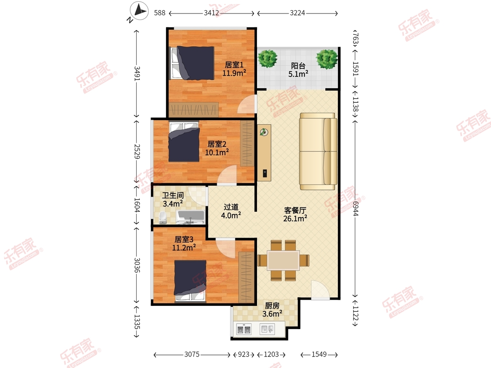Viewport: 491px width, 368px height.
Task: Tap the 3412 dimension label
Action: (212, 13)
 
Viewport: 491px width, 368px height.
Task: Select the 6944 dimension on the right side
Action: (356, 209)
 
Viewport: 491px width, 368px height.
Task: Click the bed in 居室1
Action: (191, 63)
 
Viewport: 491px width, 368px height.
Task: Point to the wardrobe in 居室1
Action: (194, 110)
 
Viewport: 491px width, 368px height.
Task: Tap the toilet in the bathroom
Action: (163, 218)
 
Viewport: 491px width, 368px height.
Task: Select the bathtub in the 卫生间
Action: (191, 217)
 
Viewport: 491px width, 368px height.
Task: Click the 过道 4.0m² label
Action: (231, 211)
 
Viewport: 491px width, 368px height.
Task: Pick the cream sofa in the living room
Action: (318, 151)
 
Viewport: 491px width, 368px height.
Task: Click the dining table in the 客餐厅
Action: (284, 260)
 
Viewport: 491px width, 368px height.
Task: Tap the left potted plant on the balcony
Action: (267, 58)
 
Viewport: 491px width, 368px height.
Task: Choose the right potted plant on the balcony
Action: (327, 59)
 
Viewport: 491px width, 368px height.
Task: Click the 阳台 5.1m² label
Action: (298, 70)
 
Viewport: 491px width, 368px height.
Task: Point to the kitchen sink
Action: (267, 329)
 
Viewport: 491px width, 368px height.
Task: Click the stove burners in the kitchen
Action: (244, 329)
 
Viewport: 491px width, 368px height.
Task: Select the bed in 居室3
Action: (190, 281)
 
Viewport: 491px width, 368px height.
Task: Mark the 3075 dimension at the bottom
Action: (192, 355)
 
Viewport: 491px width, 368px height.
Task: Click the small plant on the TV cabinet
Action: (264, 132)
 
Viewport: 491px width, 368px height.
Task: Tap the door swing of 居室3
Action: (225, 249)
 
